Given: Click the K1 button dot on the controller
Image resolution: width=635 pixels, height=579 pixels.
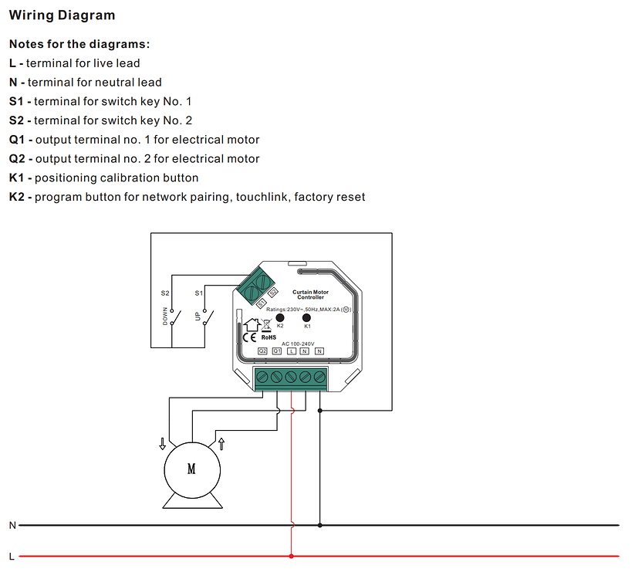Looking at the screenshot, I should click(306, 317).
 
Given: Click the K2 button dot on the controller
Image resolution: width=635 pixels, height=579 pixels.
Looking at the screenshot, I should click(280, 317).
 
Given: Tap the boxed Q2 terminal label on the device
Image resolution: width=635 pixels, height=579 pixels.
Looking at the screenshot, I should click(262, 350).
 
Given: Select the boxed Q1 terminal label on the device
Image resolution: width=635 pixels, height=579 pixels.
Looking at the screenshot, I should click(277, 350).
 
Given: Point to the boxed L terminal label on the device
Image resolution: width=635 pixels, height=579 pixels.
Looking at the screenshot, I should click(291, 350).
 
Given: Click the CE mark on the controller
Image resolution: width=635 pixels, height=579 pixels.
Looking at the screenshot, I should click(250, 337).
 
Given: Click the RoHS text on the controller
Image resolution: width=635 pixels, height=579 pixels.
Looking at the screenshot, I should click(269, 337).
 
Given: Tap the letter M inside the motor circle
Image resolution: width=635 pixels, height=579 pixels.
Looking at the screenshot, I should click(191, 469).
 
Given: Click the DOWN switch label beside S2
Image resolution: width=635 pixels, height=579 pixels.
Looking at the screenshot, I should click(164, 315).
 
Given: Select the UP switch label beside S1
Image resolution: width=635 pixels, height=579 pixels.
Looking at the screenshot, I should click(198, 317).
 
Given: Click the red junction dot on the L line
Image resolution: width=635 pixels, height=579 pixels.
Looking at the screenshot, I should click(291, 555).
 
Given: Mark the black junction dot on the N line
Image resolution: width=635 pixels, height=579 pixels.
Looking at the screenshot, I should click(320, 525).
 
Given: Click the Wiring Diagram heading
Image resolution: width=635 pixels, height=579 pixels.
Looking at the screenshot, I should click(62, 15).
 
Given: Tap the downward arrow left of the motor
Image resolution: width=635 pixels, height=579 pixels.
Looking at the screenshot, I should click(162, 443).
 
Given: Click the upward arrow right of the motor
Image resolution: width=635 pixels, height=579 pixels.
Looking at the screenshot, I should click(222, 443).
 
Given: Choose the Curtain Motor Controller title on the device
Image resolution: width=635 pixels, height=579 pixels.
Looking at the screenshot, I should click(311, 295).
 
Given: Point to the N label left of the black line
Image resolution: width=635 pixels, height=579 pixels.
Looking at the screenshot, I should click(12, 525).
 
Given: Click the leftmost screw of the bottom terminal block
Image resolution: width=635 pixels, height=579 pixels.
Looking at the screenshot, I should click(262, 377).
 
